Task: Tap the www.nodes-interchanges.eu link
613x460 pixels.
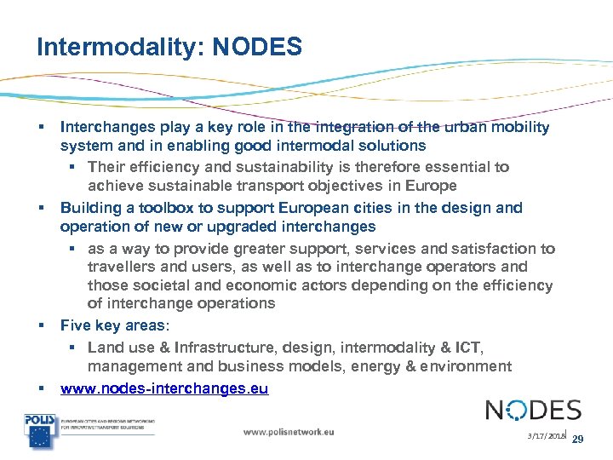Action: (x=164, y=389)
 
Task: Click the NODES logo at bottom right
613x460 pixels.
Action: (x=533, y=411)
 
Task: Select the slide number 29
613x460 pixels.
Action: (x=576, y=440)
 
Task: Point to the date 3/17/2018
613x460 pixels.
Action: (x=544, y=436)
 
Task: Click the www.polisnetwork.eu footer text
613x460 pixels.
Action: (x=289, y=432)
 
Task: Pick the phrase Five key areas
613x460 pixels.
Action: (x=113, y=325)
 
